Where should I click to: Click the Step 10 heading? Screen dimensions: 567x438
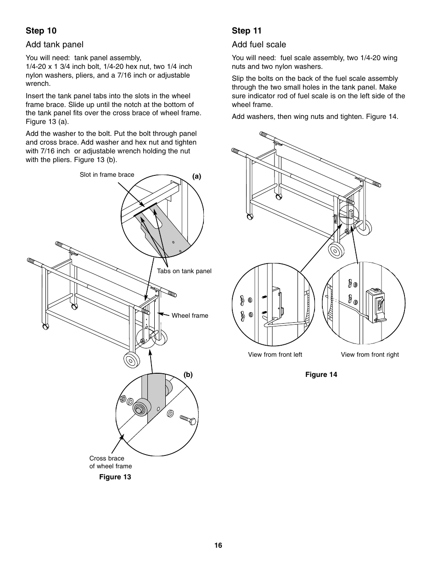point(41,31)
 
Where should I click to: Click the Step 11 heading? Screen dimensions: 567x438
point(247,31)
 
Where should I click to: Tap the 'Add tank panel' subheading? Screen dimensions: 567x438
point(55,45)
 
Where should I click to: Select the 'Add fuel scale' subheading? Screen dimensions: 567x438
point(259,45)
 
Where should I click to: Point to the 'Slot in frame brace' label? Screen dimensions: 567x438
point(107,174)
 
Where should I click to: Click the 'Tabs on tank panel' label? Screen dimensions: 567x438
point(184,271)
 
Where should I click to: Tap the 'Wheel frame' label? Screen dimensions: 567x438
point(190,315)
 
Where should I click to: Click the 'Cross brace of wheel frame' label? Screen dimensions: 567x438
point(110,462)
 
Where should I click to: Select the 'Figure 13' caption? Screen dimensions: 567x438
point(115,477)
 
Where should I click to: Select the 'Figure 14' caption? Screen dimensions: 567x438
point(321,375)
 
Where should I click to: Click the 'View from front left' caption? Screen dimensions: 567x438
point(275,354)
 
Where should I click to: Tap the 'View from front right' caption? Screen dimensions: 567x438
point(370,354)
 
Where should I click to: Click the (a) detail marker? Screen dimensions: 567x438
point(197,176)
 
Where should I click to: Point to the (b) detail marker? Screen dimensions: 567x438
point(188,375)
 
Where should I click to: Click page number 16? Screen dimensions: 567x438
point(218,545)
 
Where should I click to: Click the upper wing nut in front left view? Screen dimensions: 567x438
point(241,301)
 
